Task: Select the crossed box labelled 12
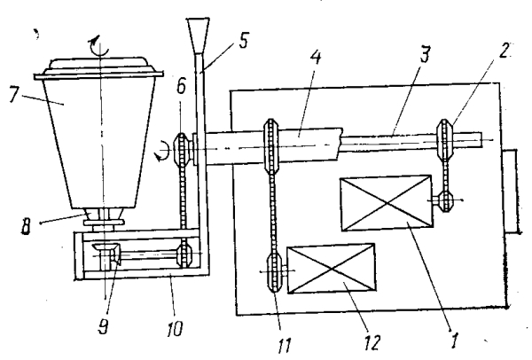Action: point(330,268)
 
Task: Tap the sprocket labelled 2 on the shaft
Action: point(449,139)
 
